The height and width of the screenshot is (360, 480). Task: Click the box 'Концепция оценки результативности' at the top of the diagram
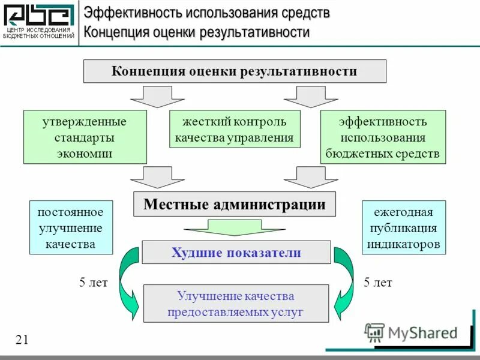pos(234,71)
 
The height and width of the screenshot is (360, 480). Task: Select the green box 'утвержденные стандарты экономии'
pos(85,137)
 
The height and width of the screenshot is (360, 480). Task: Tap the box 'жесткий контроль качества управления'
pos(234,129)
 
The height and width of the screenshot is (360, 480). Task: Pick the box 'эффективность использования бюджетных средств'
pos(383,137)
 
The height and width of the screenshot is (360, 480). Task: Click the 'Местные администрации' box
pos(234,204)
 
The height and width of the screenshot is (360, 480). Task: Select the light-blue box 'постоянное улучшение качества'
pos(71,227)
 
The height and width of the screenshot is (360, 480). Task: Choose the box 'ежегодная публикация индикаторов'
pos(403,227)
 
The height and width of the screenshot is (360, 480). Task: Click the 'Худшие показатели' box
pos(236,253)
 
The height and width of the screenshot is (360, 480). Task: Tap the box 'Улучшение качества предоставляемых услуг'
pos(236,304)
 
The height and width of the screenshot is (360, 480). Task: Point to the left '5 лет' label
pos(93,283)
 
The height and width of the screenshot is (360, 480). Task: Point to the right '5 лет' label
pos(377,283)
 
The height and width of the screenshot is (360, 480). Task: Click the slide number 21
pos(22,340)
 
